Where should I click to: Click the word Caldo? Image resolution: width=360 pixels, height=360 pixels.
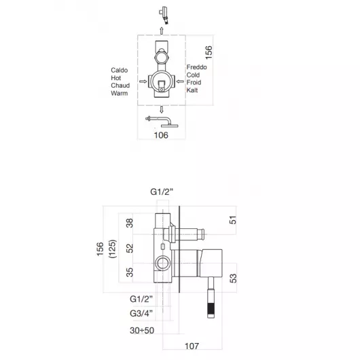pos(119,70)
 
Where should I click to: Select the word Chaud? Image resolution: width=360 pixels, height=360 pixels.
pos(120,86)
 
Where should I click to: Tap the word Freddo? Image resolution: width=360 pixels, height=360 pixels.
pos(196,67)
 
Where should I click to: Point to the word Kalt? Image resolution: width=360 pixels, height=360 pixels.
pos(192,90)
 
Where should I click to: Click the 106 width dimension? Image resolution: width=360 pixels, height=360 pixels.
pos(161,135)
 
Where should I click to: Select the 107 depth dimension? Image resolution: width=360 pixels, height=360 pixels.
pos(192,346)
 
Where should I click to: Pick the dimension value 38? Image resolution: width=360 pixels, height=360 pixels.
pos(130,223)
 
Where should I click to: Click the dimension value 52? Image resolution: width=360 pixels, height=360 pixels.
pos(130,248)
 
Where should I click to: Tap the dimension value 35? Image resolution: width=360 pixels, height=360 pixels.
pos(130,272)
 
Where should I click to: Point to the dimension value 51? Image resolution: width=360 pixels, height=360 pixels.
pos(233,220)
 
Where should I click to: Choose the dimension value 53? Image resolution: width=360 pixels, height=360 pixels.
pos(233,278)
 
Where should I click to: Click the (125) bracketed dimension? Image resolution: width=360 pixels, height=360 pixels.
pos(113,249)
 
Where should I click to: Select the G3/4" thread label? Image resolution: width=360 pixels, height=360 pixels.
pos(141,313)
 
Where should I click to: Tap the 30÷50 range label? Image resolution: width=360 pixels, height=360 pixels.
pos(142,330)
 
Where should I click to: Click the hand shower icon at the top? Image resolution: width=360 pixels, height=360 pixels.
pos(164,15)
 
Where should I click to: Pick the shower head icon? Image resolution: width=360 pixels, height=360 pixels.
pos(162,122)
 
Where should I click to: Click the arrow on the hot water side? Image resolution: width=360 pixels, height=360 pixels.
pos(143,82)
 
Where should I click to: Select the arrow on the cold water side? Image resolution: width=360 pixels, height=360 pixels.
pos(180,82)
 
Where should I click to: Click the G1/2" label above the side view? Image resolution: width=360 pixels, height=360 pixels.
pos(162,192)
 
